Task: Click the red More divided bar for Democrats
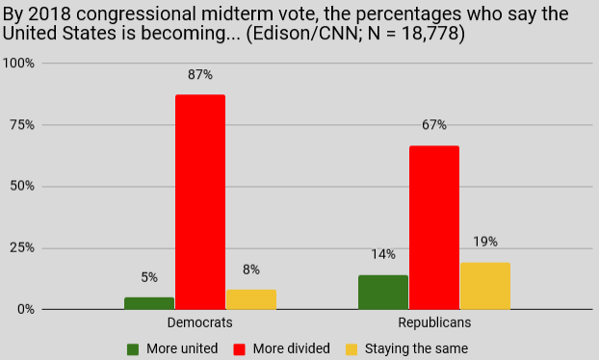click(200, 202)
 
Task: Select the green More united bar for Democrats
click(149, 303)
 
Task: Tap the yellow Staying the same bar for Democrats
click(251, 299)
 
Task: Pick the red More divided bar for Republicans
click(434, 227)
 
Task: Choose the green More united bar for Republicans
click(383, 293)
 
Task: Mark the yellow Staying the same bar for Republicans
click(485, 286)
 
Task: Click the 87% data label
click(200, 75)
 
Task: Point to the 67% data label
click(434, 125)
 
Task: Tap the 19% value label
click(485, 242)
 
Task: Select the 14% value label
click(383, 254)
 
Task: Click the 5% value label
click(149, 277)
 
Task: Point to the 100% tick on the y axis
click(18, 63)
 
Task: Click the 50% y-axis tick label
click(22, 187)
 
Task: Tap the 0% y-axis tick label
click(26, 309)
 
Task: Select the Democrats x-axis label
click(199, 323)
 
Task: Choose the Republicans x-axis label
click(434, 323)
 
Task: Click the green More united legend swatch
click(133, 349)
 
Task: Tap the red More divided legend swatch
click(239, 349)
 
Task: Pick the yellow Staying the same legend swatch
click(352, 349)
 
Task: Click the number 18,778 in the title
click(430, 34)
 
